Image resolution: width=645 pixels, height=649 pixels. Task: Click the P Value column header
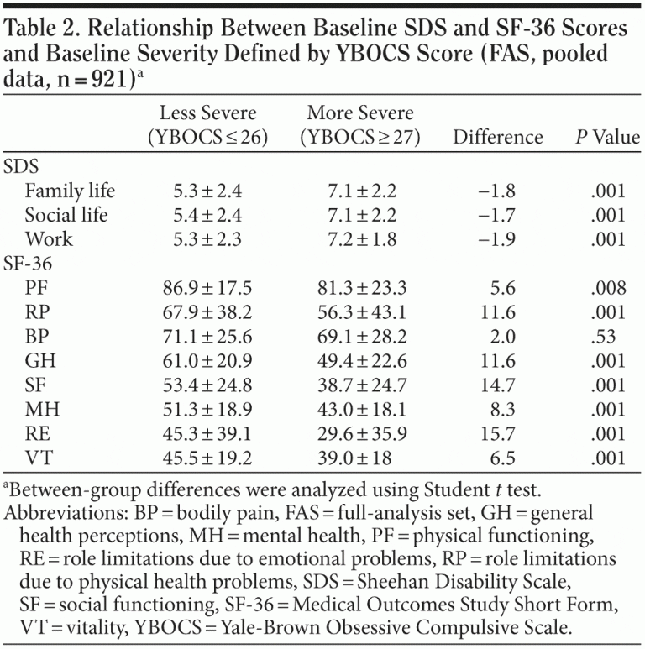(607, 136)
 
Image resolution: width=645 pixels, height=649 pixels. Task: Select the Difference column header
(498, 136)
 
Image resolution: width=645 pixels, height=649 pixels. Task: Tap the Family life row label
(70, 191)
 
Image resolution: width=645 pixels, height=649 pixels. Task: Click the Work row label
(49, 238)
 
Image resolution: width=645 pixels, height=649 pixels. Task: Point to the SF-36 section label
(29, 263)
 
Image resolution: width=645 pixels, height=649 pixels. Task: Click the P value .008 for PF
(608, 288)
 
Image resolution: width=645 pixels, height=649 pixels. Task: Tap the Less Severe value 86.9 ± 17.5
(206, 288)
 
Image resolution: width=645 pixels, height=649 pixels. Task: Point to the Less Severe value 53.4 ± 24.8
(206, 385)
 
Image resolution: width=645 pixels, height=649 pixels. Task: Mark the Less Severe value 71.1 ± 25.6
(206, 337)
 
